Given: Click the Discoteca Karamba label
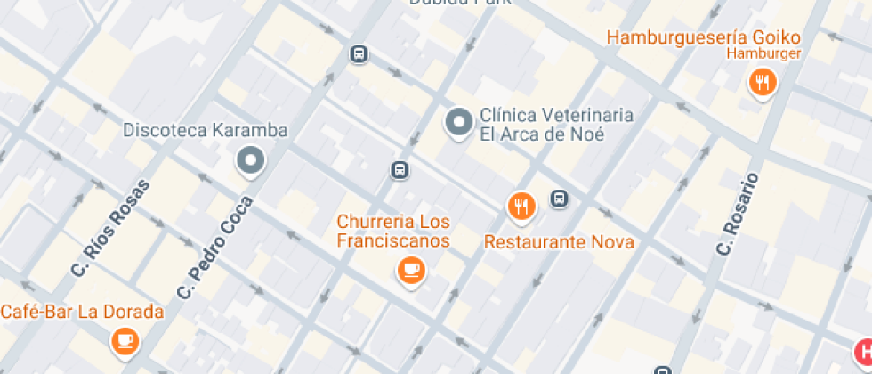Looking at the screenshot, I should (x=206, y=131).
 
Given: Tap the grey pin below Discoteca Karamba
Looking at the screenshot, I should (x=250, y=161).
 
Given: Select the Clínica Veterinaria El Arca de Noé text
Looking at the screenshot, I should (x=556, y=125).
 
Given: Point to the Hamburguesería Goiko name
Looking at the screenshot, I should (x=703, y=37).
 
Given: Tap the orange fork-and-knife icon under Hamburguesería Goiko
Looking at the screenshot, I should (x=762, y=84).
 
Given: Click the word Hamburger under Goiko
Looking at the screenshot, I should (x=763, y=53).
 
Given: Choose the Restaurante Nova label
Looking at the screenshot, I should (x=559, y=242).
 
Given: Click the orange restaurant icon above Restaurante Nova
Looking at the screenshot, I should (x=521, y=207).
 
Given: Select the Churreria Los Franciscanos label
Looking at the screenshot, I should (x=393, y=231).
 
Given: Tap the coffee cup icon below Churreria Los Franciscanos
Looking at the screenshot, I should (x=410, y=270).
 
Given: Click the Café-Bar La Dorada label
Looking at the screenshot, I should (x=82, y=312).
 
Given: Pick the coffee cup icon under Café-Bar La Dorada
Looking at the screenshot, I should (x=125, y=339).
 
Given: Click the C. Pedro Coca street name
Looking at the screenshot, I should (x=215, y=248).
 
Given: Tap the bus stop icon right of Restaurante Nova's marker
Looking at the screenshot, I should (x=559, y=199).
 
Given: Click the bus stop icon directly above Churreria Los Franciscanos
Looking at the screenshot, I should (x=400, y=170).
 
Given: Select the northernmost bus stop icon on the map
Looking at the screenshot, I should (x=359, y=54).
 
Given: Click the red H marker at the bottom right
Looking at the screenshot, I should (x=863, y=352).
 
